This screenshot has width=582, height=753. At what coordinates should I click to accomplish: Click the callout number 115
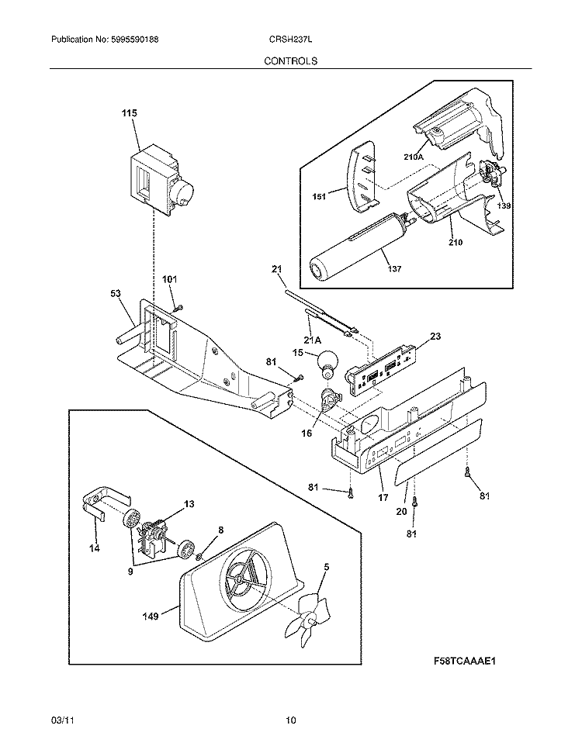tap(128, 113)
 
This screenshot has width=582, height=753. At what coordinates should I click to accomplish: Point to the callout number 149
tap(151, 617)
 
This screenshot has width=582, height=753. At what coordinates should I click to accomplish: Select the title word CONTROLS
tap(290, 60)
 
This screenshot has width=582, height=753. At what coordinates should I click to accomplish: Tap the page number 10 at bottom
tap(290, 720)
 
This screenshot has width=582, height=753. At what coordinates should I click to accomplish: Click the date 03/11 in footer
tap(61, 720)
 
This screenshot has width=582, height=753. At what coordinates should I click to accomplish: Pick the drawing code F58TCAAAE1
tap(465, 662)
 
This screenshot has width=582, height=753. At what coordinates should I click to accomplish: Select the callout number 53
tap(116, 294)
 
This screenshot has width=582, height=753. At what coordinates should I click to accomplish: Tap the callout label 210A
tap(414, 157)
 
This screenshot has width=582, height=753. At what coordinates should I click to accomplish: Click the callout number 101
tap(169, 278)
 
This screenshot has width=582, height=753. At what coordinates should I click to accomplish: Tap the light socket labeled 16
tap(331, 401)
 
